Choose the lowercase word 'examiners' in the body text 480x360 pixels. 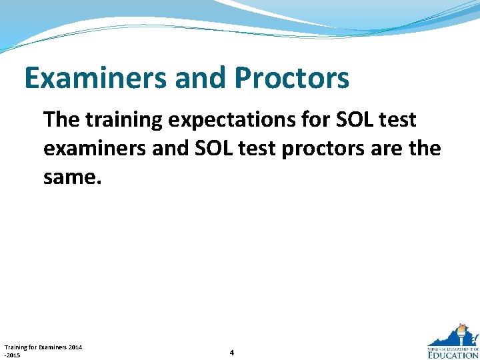pyautogui.click(x=93, y=149)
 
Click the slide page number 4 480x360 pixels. pyautogui.click(x=231, y=352)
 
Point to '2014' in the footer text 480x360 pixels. pyautogui.click(x=75, y=347)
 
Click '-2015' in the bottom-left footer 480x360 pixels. pyautogui.click(x=12, y=355)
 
